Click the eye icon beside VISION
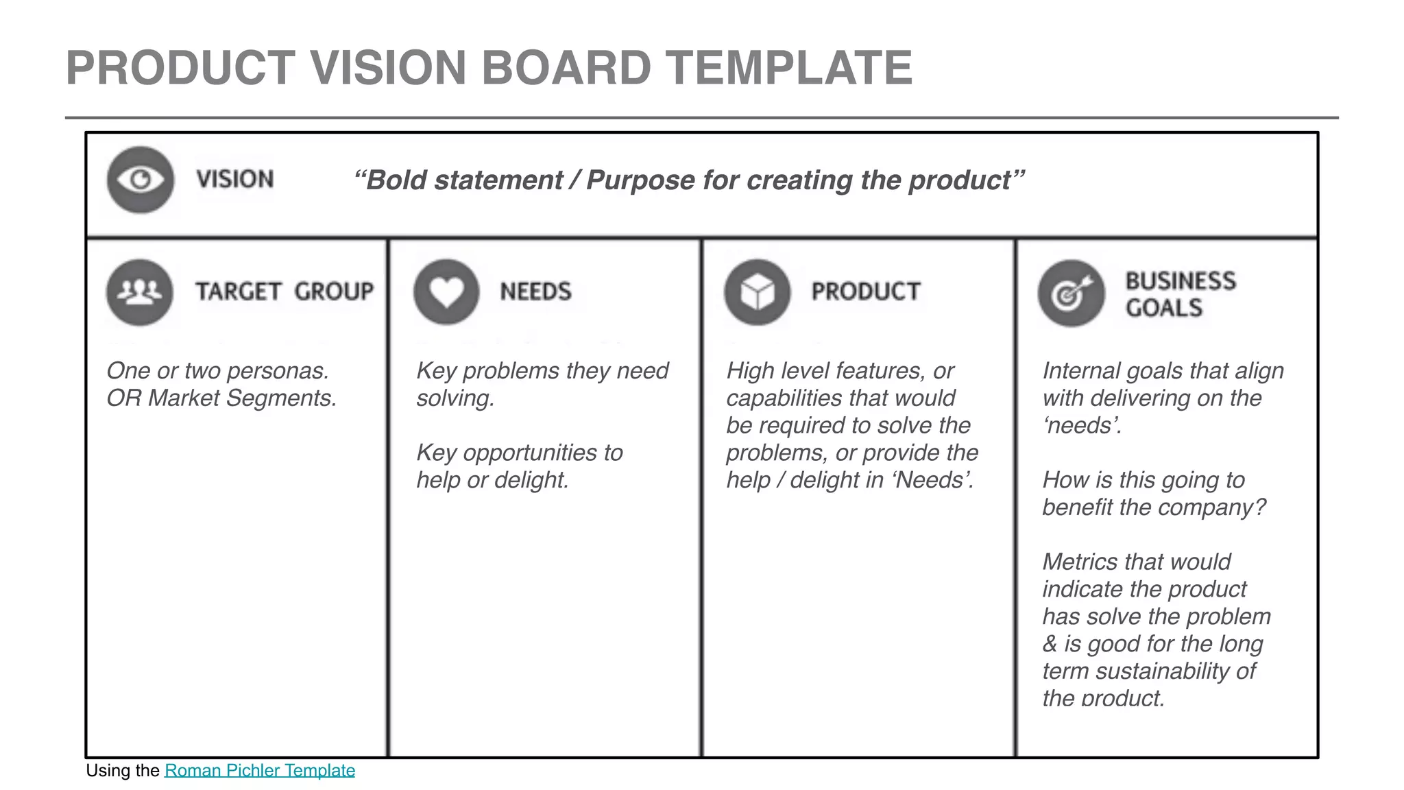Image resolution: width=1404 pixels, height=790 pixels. coord(141,180)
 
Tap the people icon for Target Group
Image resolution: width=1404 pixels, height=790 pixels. coord(140,291)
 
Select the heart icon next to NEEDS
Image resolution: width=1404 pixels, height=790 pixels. coord(446,291)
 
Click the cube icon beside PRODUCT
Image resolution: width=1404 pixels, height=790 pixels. coord(758,292)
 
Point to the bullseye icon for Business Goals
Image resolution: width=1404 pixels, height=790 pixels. coord(1071,294)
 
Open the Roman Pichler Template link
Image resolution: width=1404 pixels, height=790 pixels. coord(260,770)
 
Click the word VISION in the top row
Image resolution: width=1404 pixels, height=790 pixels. coord(235,179)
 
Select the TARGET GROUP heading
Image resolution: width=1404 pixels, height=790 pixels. coord(285,291)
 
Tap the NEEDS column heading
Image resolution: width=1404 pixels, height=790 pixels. coord(535,291)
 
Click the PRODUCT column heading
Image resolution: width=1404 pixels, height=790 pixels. coord(865,291)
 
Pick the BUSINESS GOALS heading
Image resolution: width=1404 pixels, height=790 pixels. coord(1181,294)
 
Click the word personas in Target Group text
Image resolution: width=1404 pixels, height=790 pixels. coord(277,371)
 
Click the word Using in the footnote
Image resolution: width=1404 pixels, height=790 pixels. coord(109,770)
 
